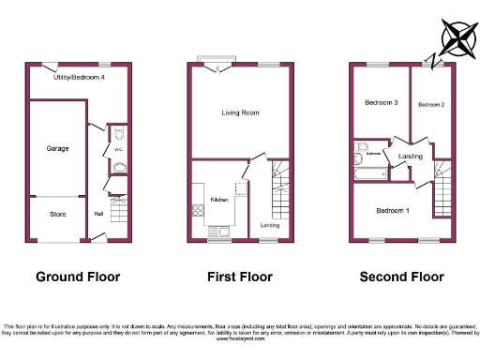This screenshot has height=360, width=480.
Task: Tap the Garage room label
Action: coord(58,148)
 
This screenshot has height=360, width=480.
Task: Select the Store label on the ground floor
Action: coord(58,215)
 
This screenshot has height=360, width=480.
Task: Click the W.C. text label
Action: coord(119,147)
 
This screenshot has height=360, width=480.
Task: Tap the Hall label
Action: coord(98,213)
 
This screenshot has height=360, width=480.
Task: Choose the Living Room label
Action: coord(240,113)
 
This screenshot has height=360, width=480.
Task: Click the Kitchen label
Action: coord(219,200)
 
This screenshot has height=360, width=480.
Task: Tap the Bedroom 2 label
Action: coord(430,103)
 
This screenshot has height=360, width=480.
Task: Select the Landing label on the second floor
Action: coord(411,156)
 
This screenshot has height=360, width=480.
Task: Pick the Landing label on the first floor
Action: coord(269,225)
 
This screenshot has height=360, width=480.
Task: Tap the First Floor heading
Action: coord(240,277)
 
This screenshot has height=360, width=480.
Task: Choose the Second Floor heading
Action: coord(402,277)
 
